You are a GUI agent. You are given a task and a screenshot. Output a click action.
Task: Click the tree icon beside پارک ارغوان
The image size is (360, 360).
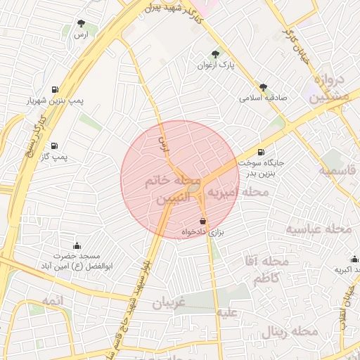pyautogui.click(x=215, y=54)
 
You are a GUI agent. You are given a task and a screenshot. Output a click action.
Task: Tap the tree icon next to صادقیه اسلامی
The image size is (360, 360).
pyautogui.click(x=263, y=88)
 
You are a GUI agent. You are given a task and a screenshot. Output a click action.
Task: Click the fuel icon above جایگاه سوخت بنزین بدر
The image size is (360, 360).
pyautogui.click(x=262, y=152)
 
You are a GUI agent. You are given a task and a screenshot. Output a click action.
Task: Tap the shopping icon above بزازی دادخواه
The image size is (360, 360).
pyautogui.click(x=202, y=221)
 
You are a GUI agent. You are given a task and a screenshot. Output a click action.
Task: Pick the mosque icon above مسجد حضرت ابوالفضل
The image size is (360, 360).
pyautogui.click(x=77, y=246)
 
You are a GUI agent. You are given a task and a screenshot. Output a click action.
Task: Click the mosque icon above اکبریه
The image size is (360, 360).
pyautogui.click(x=354, y=259)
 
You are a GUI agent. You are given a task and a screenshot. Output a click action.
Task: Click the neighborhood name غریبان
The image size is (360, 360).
pyautogui.click(x=168, y=302)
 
